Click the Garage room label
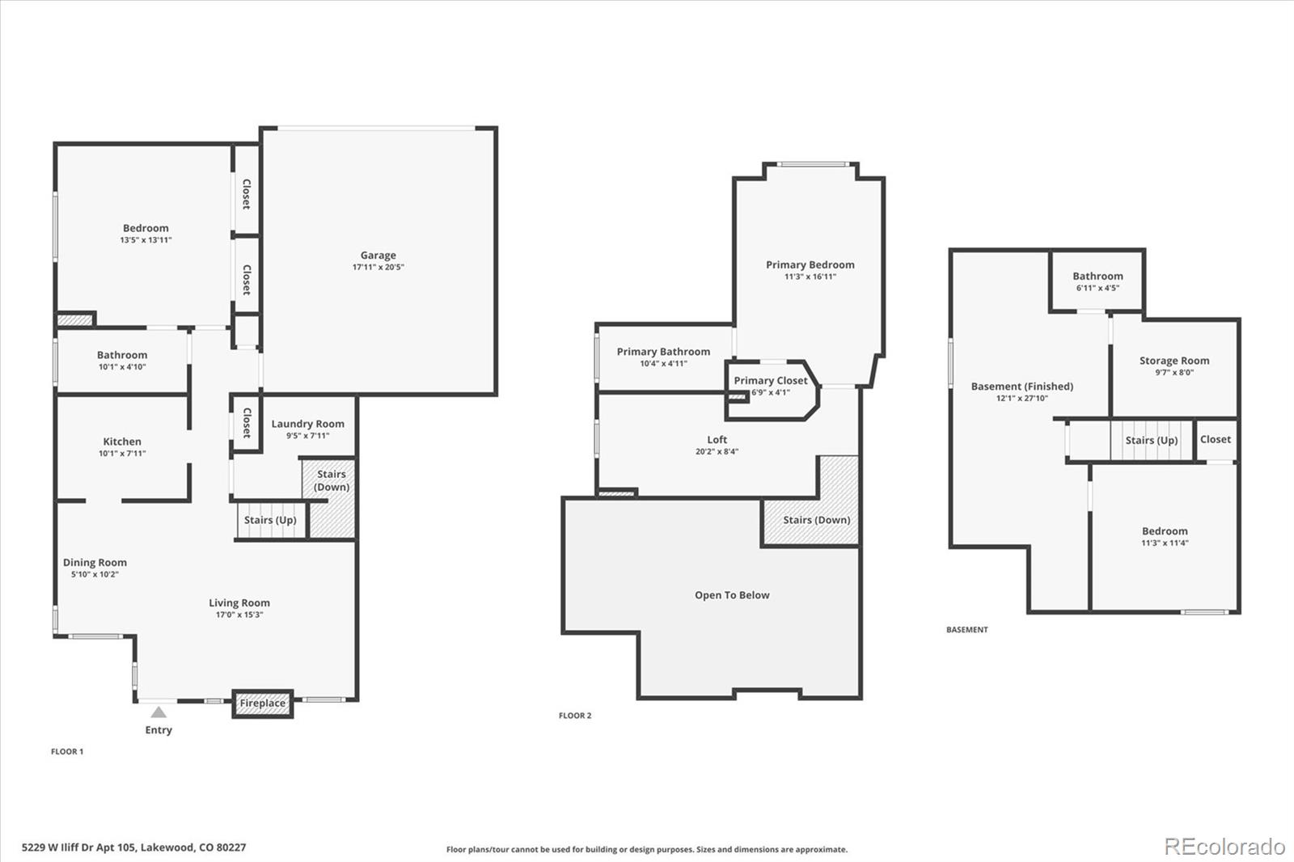pyautogui.click(x=378, y=256)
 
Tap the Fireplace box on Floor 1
pyautogui.click(x=262, y=704)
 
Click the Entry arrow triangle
pyautogui.click(x=159, y=712)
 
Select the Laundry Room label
pyautogui.click(x=307, y=424)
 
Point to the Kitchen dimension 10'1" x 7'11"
pyautogui.click(x=122, y=454)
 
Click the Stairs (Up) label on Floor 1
pyautogui.click(x=270, y=520)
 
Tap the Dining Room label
pyautogui.click(x=95, y=563)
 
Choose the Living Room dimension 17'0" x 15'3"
pyautogui.click(x=239, y=615)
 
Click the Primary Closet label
pyautogui.click(x=770, y=381)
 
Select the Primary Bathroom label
pyautogui.click(x=663, y=352)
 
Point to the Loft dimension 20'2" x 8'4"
pyautogui.click(x=717, y=452)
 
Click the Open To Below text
pyautogui.click(x=732, y=595)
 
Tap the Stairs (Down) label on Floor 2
pyautogui.click(x=816, y=520)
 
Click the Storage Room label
pyautogui.click(x=1174, y=361)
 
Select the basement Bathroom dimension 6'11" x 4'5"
pyautogui.click(x=1097, y=288)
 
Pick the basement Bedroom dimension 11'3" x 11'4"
pyautogui.click(x=1165, y=543)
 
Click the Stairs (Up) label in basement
pyautogui.click(x=1151, y=441)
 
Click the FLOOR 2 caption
pyautogui.click(x=575, y=716)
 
